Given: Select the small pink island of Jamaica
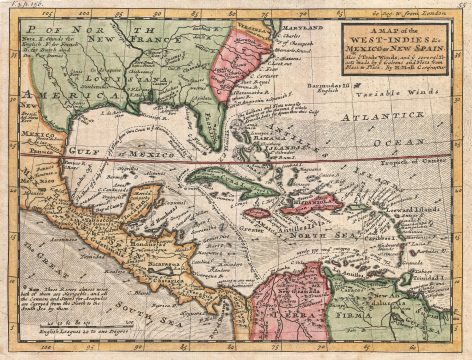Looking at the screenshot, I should point(258,211).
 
